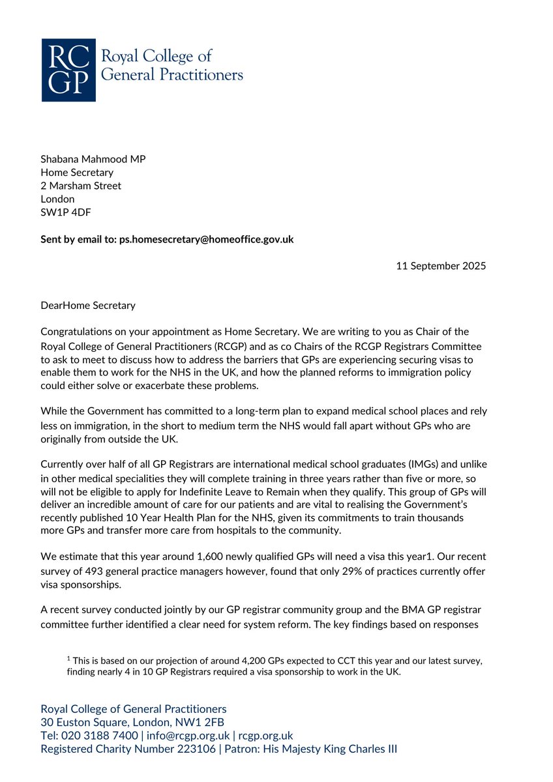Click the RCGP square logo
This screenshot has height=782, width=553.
(68, 70)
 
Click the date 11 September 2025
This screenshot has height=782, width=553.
(441, 266)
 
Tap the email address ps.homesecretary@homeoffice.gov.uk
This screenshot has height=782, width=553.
(206, 239)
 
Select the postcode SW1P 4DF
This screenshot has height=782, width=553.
(66, 212)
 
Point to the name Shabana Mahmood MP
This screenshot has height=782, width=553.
(89, 159)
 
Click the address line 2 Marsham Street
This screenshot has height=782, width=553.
(81, 186)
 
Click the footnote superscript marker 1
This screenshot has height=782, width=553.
(68, 659)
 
